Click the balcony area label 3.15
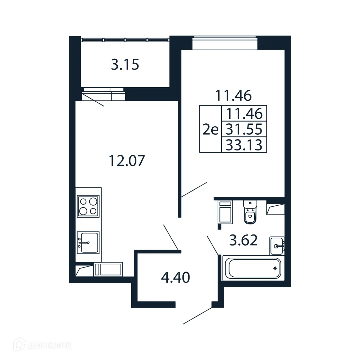click(125, 65)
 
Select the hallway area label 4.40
click(175, 278)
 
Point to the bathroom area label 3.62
click(244, 240)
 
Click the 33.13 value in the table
click(244, 145)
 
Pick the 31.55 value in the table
click(244, 130)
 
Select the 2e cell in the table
click(210, 130)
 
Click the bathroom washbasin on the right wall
click(277, 245)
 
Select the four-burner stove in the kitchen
click(88, 206)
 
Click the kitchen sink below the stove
click(88, 242)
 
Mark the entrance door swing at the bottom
click(198, 315)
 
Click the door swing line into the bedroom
click(194, 189)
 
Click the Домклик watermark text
click(47, 345)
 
